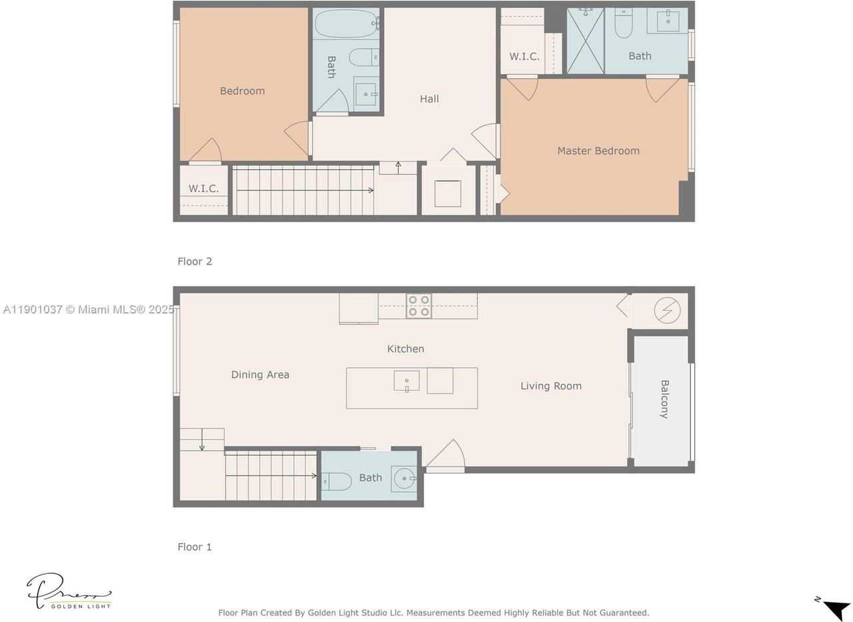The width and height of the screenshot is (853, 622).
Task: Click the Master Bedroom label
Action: click(598, 151)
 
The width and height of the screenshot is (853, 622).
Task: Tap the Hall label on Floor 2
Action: click(429, 99)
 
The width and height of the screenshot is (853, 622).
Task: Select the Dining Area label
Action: click(260, 375)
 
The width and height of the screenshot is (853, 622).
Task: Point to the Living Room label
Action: click(551, 386)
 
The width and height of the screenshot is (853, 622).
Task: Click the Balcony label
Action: click(664, 399)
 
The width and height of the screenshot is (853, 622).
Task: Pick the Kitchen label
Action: click(406, 349)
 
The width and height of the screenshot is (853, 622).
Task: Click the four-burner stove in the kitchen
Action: click(419, 306)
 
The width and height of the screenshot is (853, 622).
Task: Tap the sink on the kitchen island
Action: click(407, 381)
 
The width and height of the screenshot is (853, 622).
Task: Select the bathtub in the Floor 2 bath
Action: click(346, 23)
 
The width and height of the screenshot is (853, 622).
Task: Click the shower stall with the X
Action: click(585, 41)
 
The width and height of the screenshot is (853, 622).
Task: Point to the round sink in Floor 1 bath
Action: click(405, 478)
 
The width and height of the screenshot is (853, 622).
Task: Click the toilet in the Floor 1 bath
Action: click(337, 482)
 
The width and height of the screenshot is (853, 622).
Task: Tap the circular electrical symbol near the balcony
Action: click(667, 311)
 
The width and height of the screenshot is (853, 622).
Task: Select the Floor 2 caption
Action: click(195, 262)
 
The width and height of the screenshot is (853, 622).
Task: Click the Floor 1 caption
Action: click(195, 547)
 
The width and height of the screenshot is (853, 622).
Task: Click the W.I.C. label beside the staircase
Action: click(203, 189)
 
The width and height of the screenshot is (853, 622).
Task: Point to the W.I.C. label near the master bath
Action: click(524, 57)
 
